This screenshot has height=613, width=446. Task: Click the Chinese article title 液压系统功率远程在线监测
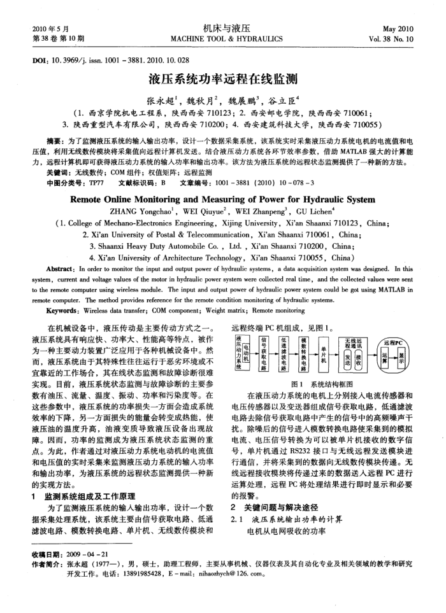tap(223, 81)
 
